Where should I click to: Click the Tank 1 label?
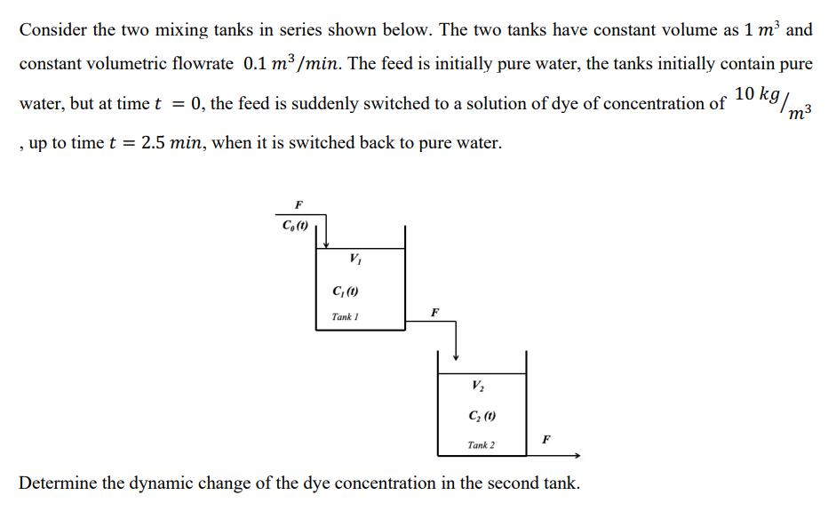[345, 316]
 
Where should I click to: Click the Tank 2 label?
[481, 444]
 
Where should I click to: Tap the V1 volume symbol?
[355, 259]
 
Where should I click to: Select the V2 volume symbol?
[479, 386]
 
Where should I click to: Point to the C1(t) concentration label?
[345, 291]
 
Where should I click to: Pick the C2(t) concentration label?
[481, 415]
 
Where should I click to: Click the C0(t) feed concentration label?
[295, 225]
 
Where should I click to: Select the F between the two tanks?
[434, 313]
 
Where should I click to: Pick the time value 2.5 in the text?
[155, 142]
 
